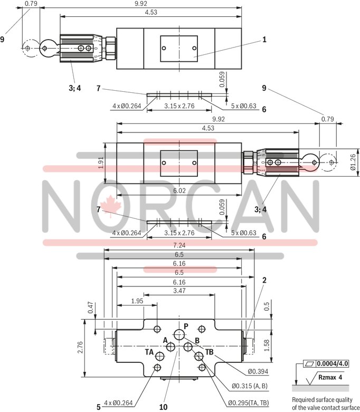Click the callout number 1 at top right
click(264, 39)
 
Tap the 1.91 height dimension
click(101, 164)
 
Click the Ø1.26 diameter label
click(353, 162)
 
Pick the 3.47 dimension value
click(179, 291)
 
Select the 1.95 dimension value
click(137, 301)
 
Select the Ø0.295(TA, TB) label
click(248, 404)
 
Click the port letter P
click(185, 325)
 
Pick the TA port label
click(150, 351)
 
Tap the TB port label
click(210, 352)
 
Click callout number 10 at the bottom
click(163, 406)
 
